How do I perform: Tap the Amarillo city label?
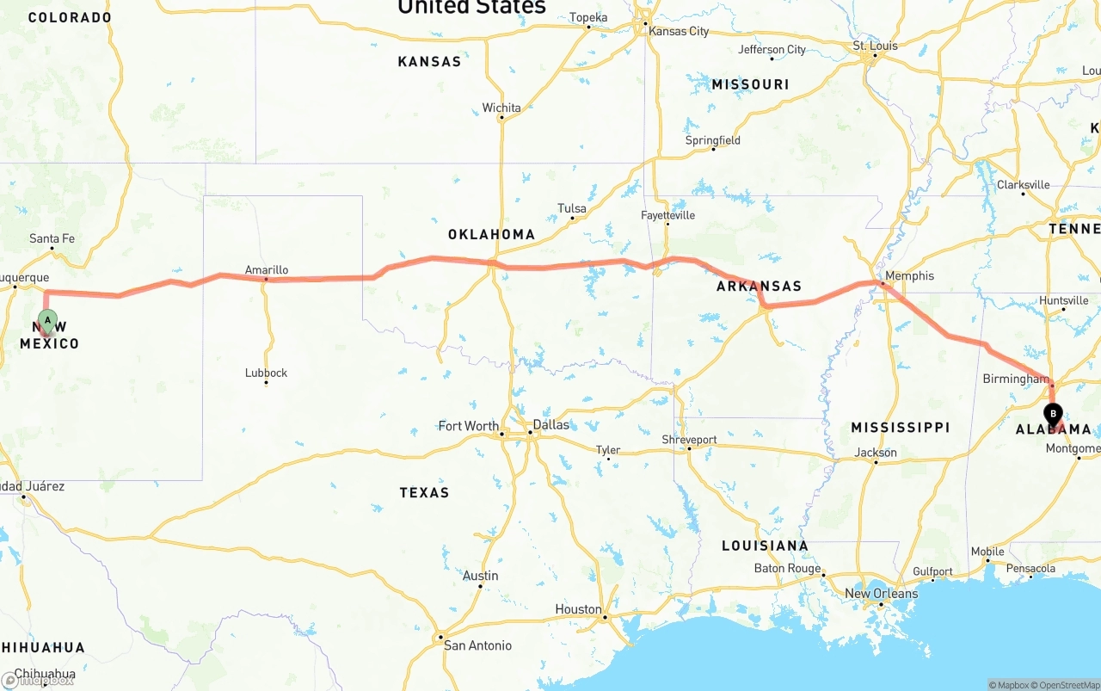pos(267,270)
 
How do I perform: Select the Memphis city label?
pos(909,276)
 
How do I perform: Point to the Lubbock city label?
pos(266,373)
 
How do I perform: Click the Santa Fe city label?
pos(52,238)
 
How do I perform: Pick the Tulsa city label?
pos(572,208)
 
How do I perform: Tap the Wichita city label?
pos(501,108)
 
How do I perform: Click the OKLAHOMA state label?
pos(491,234)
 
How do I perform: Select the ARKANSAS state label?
pos(759,287)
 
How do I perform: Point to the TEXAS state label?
pos(424,492)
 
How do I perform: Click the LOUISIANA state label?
pos(765,546)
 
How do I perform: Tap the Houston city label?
pos(578,609)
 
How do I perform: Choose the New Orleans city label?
pos(881,594)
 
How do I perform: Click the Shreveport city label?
pos(689,440)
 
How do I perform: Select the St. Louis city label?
pos(875,46)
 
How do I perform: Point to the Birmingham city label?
pos(1016,379)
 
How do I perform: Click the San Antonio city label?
pos(477,645)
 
